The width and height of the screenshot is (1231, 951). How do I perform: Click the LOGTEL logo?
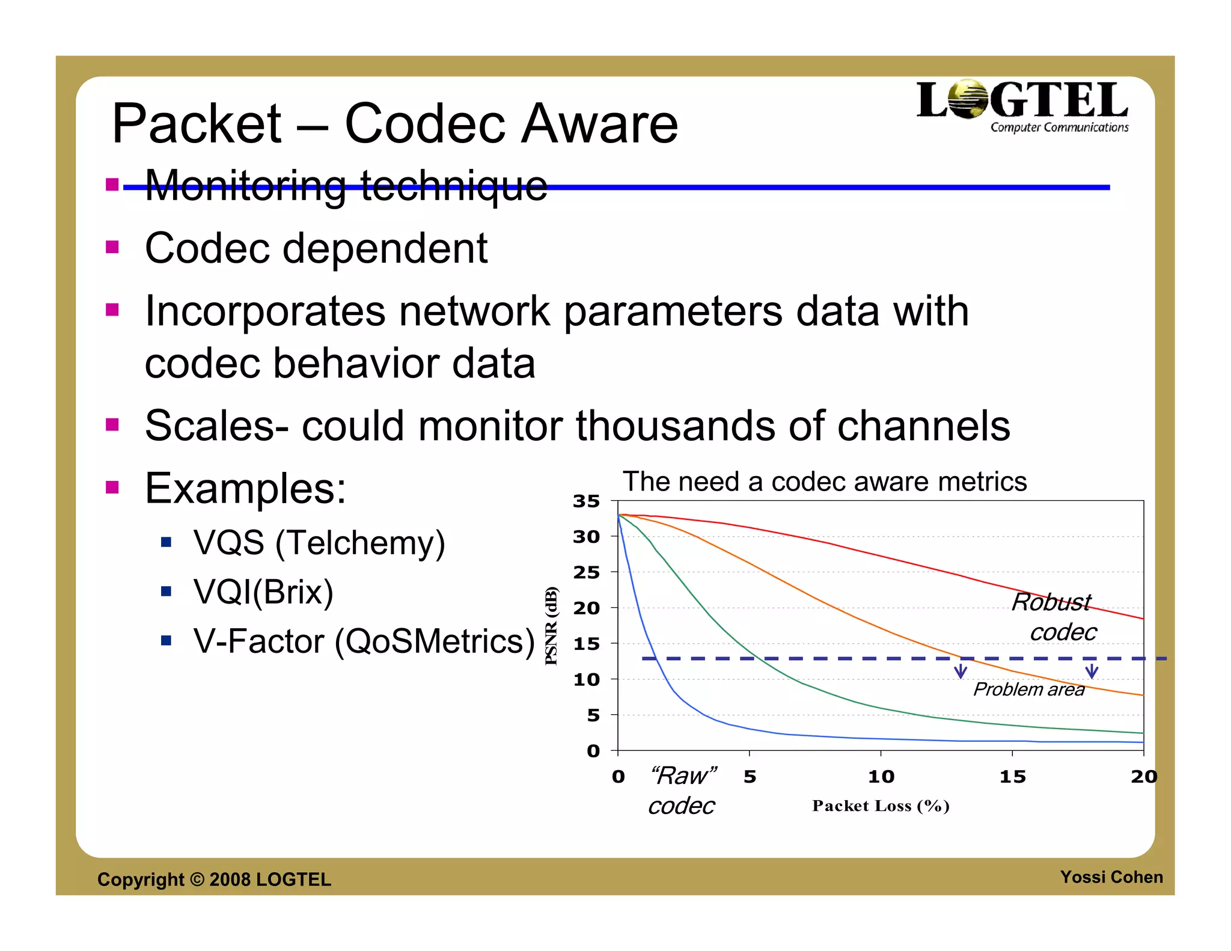(1022, 106)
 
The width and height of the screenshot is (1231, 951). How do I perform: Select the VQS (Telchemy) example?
(319, 542)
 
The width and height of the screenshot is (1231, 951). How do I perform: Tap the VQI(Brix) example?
(263, 592)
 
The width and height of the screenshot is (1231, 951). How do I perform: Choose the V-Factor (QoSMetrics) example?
(364, 641)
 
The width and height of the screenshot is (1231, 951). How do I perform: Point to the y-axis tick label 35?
(587, 501)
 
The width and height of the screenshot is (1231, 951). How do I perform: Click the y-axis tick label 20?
(587, 608)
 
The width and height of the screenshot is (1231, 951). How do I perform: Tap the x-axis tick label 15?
(1012, 777)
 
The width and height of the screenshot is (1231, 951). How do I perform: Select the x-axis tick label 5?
(750, 777)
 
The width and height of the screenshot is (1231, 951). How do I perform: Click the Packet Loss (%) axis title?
(881, 806)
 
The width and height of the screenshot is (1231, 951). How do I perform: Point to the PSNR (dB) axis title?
(551, 626)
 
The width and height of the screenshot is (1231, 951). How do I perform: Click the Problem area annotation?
(1028, 689)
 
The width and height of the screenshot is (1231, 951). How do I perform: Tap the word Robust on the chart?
(1051, 602)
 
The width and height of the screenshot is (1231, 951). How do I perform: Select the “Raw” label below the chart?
(683, 775)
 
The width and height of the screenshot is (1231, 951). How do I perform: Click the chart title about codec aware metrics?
(824, 482)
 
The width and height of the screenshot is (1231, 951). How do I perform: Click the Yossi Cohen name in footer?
(1111, 877)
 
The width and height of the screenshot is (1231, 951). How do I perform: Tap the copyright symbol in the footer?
(197, 879)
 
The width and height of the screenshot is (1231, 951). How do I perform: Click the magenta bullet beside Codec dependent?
(112, 247)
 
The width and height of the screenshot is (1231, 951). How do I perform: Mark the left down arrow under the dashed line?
(961, 671)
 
